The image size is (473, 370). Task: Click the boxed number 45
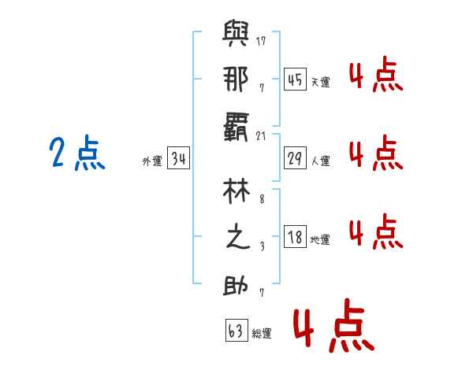[x=296, y=80]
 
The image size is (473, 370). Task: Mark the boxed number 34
[x=178, y=160]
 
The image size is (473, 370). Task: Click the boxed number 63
[x=235, y=331]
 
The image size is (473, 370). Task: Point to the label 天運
[x=320, y=82]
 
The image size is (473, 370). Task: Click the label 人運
[x=320, y=161]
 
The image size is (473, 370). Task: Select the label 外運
[x=152, y=161]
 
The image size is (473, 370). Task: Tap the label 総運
[x=261, y=334]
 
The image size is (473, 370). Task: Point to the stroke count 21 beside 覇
[x=262, y=135]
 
